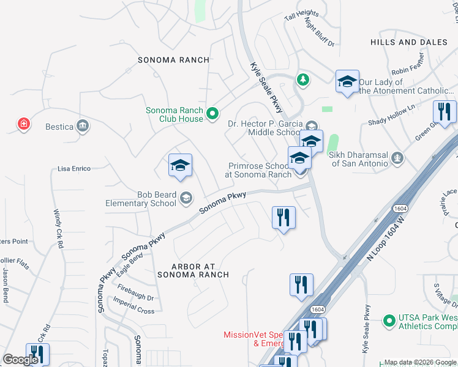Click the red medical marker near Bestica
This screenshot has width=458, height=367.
pyautogui.click(x=24, y=124)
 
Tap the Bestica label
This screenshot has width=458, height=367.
pyautogui.click(x=59, y=127)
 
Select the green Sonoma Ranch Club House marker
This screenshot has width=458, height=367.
pyautogui.click(x=212, y=114)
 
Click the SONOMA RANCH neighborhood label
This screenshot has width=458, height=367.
pyautogui.click(x=173, y=60)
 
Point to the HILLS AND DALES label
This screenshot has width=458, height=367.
pyautogui.click(x=409, y=42)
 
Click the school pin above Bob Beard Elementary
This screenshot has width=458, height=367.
pyautogui.click(x=180, y=165)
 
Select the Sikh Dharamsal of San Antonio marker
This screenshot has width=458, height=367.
pyautogui.click(x=398, y=158)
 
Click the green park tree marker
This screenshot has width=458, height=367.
pyautogui.click(x=302, y=80)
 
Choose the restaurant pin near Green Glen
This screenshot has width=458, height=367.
pyautogui.click(x=445, y=112)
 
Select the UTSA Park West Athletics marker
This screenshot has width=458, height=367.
pyautogui.click(x=388, y=320)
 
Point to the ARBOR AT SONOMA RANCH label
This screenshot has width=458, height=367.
pyautogui.click(x=192, y=270)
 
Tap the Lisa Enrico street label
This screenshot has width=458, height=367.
pyautogui.click(x=73, y=168)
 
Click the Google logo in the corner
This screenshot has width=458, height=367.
pyautogui.click(x=20, y=360)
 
